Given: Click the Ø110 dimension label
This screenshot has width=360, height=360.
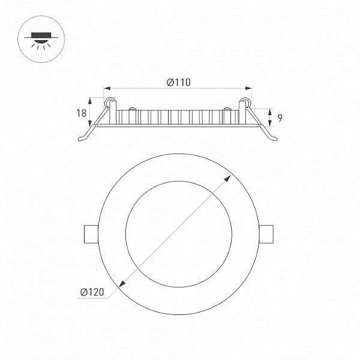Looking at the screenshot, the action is coord(179,82).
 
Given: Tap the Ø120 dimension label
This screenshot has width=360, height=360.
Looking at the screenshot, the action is coord(92,292).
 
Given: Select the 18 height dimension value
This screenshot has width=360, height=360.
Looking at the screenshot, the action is coord(82,113).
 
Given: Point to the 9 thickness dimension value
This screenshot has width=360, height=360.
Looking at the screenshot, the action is coord(280,118).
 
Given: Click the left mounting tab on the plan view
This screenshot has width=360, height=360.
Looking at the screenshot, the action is coord(91,234).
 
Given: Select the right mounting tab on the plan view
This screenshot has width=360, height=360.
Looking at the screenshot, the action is coord(266,234).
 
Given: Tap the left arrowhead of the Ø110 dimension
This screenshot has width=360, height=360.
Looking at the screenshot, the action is coord(107,88).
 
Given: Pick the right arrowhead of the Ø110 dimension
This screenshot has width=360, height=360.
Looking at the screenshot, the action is coord(248,88).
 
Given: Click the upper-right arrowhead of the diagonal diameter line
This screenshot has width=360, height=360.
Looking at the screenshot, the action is coord(228,178).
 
